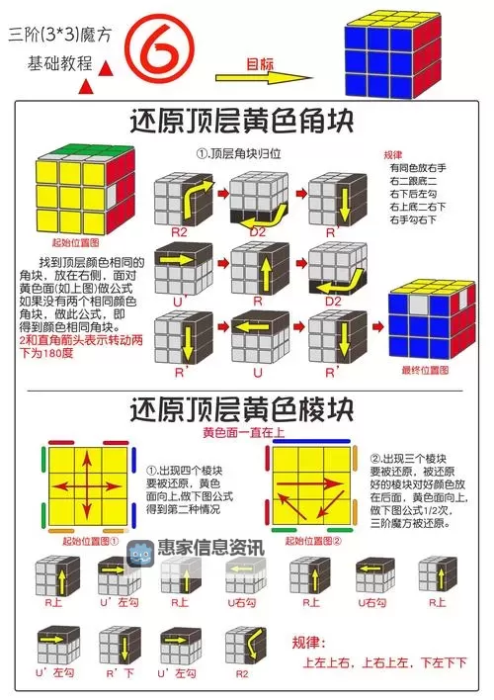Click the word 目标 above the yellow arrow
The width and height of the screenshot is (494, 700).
point(260,63)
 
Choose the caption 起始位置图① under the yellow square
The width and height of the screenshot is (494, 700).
point(91,541)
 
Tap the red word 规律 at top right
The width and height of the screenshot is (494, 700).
point(393,154)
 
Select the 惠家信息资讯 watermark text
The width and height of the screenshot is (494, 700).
point(211,547)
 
